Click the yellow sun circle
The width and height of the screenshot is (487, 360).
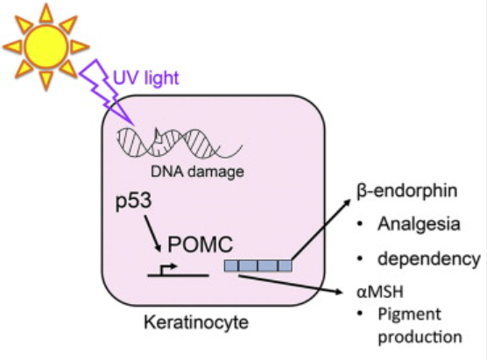click(46, 46)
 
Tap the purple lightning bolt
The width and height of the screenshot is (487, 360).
click(106, 92)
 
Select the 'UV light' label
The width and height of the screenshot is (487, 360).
click(146, 78)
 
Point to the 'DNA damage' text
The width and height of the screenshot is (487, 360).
click(197, 172)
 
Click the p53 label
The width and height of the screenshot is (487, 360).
click(133, 201)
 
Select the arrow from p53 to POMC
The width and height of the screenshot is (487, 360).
click(152, 233)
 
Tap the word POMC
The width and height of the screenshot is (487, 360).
click(201, 244)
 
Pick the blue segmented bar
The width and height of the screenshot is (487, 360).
click(258, 265)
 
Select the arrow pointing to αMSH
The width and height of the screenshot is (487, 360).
click(291, 284)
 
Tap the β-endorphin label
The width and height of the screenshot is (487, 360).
click(407, 191)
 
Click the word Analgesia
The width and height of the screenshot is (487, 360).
click(419, 224)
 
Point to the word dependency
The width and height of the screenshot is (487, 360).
click(429, 259)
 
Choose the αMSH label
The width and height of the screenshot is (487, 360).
click(380, 292)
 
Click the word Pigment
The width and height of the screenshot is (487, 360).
click(409, 315)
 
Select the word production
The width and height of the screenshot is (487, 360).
click(420, 337)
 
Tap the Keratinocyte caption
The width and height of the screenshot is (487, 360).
click(196, 322)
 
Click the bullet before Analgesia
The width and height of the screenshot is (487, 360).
click(360, 224)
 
